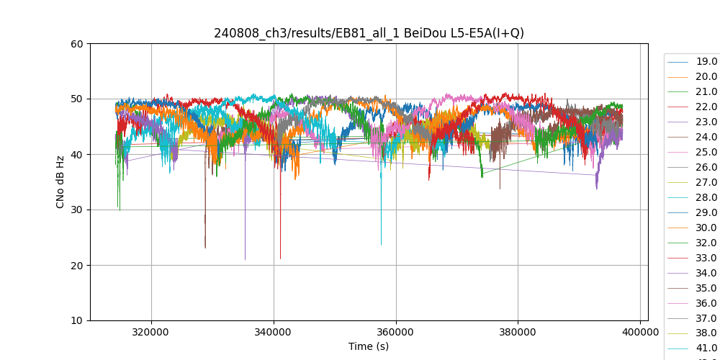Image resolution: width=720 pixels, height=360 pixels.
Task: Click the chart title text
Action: tap(369, 33)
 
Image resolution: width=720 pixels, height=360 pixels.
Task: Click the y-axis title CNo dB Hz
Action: tap(60, 182)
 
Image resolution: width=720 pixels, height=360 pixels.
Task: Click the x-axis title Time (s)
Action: tap(369, 346)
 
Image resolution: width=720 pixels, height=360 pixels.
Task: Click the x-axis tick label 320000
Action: tap(151, 333)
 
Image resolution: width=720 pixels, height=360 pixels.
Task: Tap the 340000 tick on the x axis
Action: tap(274, 333)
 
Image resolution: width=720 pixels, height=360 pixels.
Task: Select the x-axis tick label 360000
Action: tap(395, 333)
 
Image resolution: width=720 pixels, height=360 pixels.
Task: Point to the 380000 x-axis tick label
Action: tap(518, 333)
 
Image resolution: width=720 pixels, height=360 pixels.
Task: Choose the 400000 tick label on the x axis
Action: tap(640, 333)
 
